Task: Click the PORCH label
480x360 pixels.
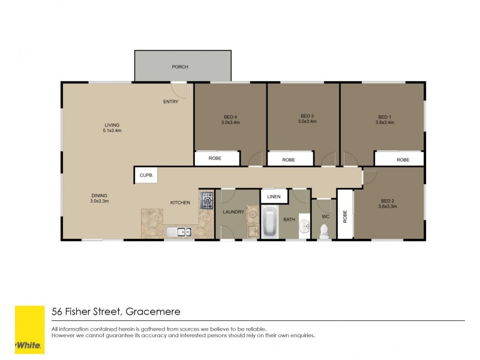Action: pyautogui.click(x=180, y=67)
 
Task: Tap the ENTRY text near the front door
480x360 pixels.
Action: pyautogui.click(x=170, y=101)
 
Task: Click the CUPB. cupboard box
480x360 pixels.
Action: pyautogui.click(x=146, y=175)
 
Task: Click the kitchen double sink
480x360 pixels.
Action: pyautogui.click(x=179, y=232)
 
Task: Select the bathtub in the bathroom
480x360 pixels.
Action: pyautogui.click(x=270, y=223)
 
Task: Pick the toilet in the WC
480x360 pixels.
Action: pyautogui.click(x=324, y=231)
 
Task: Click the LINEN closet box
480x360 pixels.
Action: pyautogui.click(x=274, y=196)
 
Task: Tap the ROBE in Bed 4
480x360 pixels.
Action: pyautogui.click(x=215, y=158)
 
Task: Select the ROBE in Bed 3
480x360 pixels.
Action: pyautogui.click(x=289, y=160)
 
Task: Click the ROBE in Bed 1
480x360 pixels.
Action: pyautogui.click(x=402, y=160)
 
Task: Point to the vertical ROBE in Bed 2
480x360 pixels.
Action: pyautogui.click(x=345, y=215)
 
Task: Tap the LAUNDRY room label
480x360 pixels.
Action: pyautogui.click(x=233, y=212)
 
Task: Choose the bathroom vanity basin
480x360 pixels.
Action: pyautogui.click(x=305, y=226)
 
